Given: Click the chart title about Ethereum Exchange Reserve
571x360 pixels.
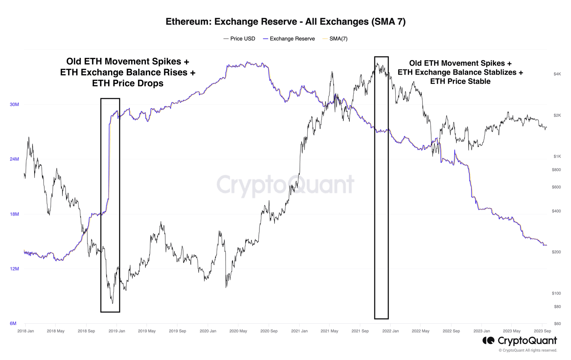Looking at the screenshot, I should click(x=285, y=21).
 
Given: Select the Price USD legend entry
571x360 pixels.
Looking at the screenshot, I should click(x=239, y=39).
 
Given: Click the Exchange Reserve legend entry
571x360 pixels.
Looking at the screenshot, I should click(x=289, y=39).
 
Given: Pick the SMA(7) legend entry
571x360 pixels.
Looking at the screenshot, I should click(x=335, y=39).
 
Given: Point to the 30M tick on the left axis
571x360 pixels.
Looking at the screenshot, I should click(x=14, y=105).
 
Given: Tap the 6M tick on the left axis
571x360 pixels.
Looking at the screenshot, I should click(x=13, y=324).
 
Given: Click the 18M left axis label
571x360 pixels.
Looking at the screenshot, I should click(x=14, y=214).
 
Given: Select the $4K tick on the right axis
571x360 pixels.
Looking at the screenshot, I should click(x=557, y=74).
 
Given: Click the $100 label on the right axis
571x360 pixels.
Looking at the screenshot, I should click(x=556, y=294).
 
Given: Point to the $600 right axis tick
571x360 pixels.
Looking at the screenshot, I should click(x=556, y=187).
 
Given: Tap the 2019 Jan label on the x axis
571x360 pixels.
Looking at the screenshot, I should click(x=117, y=331).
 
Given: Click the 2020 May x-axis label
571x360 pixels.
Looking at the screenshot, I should click(x=238, y=331).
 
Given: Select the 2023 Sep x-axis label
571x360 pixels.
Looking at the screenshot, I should click(x=542, y=331).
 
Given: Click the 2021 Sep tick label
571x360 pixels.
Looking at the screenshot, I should click(x=360, y=331).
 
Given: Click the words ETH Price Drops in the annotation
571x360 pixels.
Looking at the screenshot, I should click(x=128, y=84).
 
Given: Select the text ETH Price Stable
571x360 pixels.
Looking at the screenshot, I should click(x=460, y=81).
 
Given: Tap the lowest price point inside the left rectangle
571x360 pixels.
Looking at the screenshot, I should click(x=113, y=303).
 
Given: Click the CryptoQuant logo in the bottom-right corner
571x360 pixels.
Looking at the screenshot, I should click(x=520, y=341).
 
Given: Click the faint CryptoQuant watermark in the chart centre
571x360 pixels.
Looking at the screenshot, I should click(x=285, y=185).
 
